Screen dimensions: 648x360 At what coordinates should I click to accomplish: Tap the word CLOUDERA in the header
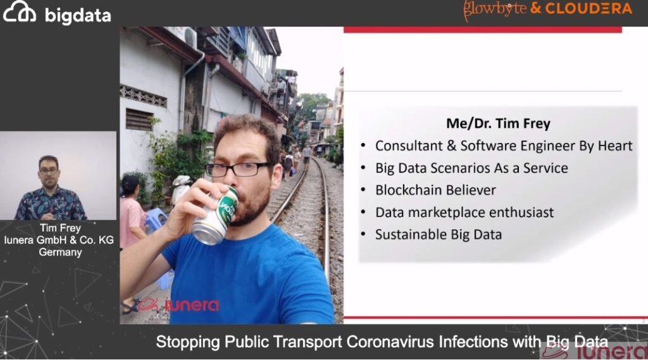[x=589, y=9]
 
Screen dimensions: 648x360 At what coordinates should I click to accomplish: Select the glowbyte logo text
[x=495, y=9]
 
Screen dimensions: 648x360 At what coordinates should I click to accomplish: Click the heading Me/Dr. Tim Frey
[x=498, y=123]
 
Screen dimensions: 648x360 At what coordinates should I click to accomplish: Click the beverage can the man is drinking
[x=216, y=216]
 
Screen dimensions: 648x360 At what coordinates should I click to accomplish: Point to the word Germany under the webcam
[x=60, y=252]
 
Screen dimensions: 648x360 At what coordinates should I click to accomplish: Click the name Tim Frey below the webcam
[x=60, y=228]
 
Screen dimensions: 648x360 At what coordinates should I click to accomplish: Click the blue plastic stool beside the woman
[x=153, y=220]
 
